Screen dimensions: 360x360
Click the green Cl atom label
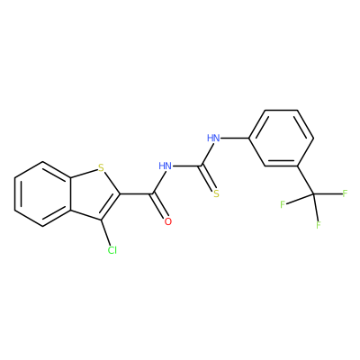click(x=112, y=250)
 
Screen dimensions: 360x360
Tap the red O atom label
click(x=168, y=221)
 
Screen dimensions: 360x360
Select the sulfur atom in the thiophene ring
click(x=101, y=167)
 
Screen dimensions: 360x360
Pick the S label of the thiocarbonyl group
click(x=216, y=194)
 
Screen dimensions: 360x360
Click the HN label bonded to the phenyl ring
click(x=213, y=139)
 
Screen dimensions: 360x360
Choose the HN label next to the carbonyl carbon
click(x=165, y=166)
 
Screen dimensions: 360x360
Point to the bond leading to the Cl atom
click(x=105, y=232)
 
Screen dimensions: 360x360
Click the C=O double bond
click(x=160, y=206)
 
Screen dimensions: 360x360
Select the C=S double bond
click(x=208, y=178)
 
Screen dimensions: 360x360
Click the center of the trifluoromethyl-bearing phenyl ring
click(x=282, y=138)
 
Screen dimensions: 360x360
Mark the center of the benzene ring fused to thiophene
click(x=43, y=193)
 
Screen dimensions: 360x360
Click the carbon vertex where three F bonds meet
click(x=314, y=194)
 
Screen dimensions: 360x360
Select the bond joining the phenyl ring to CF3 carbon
click(x=306, y=180)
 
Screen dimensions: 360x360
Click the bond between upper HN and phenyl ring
click(x=235, y=139)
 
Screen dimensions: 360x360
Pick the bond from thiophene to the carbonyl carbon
click(x=137, y=194)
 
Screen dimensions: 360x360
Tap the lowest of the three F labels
click(x=319, y=224)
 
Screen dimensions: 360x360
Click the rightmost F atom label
click(x=345, y=193)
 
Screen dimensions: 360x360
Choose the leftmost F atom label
click(x=283, y=204)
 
